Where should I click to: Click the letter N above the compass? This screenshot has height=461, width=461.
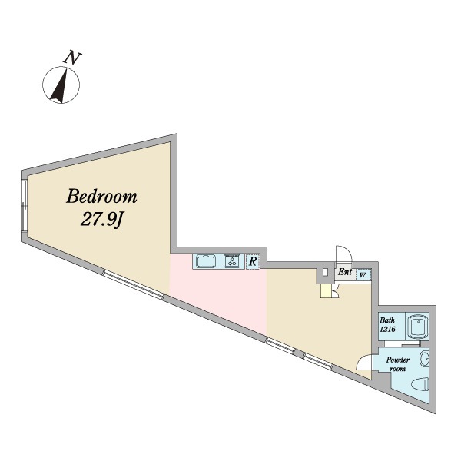click(x=72, y=58)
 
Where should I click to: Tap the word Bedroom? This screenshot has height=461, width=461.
click(x=101, y=197)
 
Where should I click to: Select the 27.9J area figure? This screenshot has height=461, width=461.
click(x=101, y=219)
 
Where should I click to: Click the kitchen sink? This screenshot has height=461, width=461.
click(x=206, y=261)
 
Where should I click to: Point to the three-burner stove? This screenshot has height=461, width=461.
click(x=232, y=260)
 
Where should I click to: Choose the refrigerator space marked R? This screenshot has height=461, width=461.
click(x=253, y=261)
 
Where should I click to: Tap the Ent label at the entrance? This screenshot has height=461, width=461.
click(x=344, y=272)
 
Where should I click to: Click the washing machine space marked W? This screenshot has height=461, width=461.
click(x=363, y=275)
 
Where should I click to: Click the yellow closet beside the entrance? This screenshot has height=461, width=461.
click(x=326, y=291)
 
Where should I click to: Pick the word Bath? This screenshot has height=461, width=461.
click(x=387, y=320)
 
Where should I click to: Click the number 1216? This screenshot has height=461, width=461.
click(x=387, y=329)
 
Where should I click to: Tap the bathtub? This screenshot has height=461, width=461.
click(x=417, y=326)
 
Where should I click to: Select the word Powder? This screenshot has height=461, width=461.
click(x=398, y=360)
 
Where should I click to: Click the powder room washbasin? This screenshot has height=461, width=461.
click(x=424, y=359)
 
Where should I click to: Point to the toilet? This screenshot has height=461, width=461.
click(x=420, y=384)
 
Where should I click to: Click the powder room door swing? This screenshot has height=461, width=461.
click(x=364, y=362)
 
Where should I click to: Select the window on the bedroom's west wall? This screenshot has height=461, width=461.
click(x=24, y=205)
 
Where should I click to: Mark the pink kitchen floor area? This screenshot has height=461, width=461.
click(x=218, y=294)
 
